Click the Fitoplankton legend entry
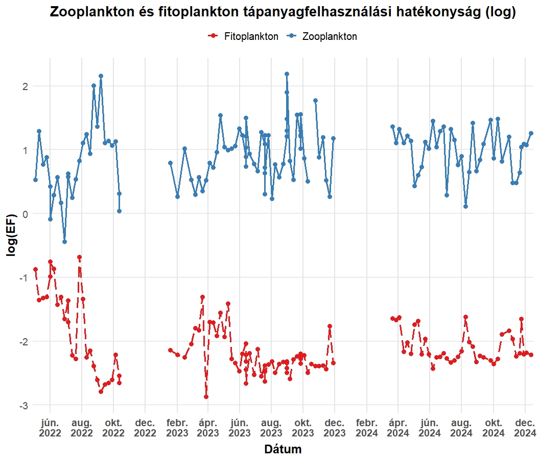pyautogui.click(x=251, y=36)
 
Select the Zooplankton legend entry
pyautogui.click(x=329, y=36)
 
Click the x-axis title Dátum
pyautogui.click(x=283, y=450)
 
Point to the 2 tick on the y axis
pyautogui.click(x=24, y=86)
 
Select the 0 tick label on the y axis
pyautogui.click(x=24, y=213)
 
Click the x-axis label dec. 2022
pyautogui.click(x=145, y=428)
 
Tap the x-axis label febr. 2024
pyautogui.click(x=367, y=428)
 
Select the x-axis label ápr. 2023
pyautogui.click(x=208, y=428)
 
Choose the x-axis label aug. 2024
pyautogui.click(x=461, y=428)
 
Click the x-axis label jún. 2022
pyautogui.click(x=50, y=428)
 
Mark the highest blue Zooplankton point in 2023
pyautogui.click(x=287, y=74)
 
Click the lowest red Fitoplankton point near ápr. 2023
pyautogui.click(x=206, y=397)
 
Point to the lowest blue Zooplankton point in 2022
pyautogui.click(x=64, y=242)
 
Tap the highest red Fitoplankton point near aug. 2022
pyautogui.click(x=80, y=257)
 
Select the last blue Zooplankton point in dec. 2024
pyautogui.click(x=531, y=134)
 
